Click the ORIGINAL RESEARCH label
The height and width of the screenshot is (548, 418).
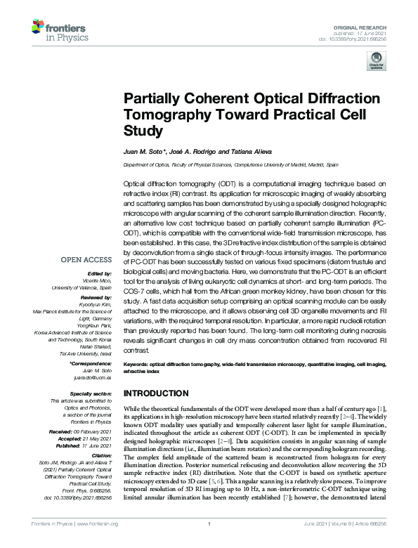click(x=369, y=25)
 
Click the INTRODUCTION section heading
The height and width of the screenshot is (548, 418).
click(x=156, y=393)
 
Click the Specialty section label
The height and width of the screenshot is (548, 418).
click(x=93, y=394)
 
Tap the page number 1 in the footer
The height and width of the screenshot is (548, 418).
click(x=210, y=543)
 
